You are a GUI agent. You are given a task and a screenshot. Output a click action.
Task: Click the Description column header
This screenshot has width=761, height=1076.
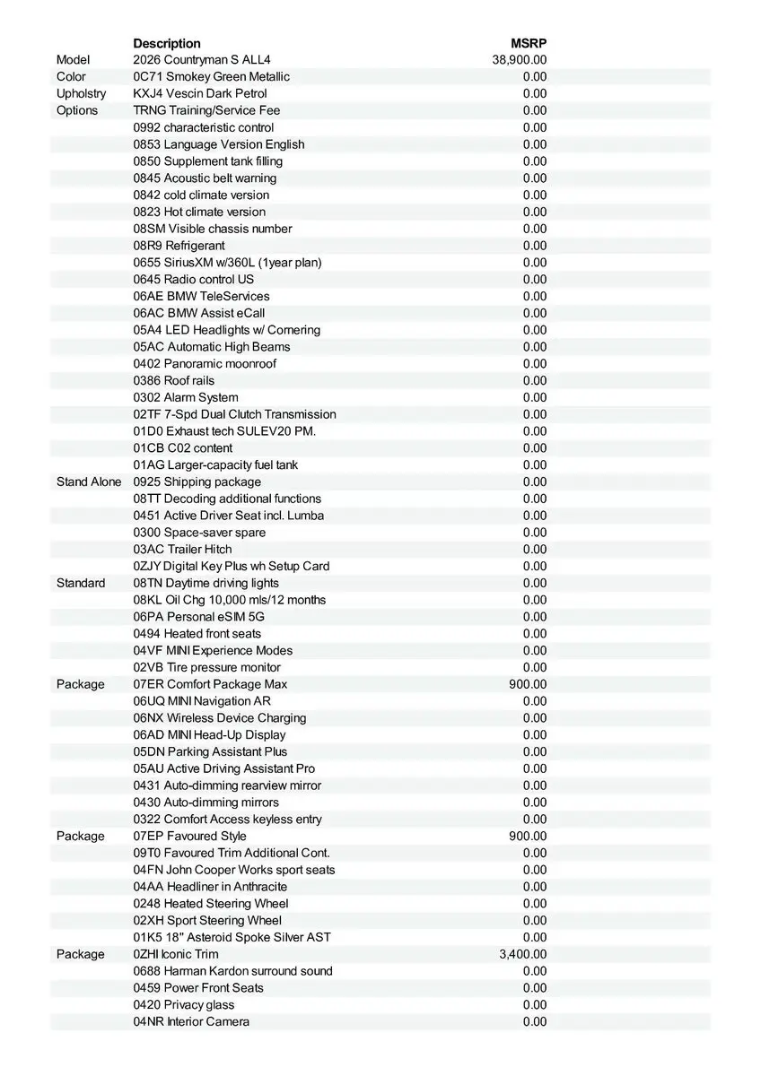(x=167, y=43)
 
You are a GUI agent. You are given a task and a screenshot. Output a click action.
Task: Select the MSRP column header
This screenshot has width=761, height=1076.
(x=529, y=43)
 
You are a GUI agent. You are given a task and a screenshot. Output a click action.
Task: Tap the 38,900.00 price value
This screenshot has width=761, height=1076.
(x=519, y=60)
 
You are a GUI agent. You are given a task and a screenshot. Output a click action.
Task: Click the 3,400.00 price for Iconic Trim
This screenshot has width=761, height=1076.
(x=522, y=954)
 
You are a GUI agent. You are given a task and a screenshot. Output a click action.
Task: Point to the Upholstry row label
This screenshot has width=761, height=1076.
(x=81, y=93)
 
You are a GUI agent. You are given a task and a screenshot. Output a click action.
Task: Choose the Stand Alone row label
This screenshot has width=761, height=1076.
(x=88, y=482)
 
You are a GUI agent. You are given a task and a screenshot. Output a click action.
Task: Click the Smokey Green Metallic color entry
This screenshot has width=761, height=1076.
(x=211, y=77)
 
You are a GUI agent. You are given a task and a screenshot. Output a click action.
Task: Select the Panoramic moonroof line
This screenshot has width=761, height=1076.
(x=205, y=363)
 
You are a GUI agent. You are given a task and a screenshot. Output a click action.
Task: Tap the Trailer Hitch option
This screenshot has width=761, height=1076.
(x=182, y=549)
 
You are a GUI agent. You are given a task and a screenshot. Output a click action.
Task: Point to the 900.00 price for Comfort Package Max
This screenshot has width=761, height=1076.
(x=527, y=684)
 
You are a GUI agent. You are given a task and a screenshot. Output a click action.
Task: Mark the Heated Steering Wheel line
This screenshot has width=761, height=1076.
(x=211, y=903)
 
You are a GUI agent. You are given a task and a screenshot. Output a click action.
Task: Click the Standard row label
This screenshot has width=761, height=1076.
(x=80, y=583)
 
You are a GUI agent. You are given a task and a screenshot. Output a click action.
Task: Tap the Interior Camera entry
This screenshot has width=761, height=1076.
(x=191, y=1021)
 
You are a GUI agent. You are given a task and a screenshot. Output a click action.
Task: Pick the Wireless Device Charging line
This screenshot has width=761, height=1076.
(x=220, y=717)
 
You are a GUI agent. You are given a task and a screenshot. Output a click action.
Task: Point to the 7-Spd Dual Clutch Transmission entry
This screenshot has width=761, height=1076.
(x=234, y=414)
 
